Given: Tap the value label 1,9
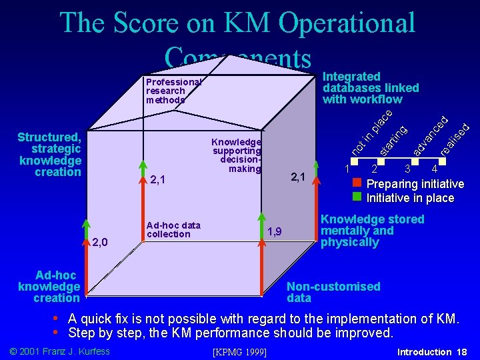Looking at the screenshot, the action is (x=274, y=231).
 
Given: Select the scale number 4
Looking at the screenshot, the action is (x=434, y=169).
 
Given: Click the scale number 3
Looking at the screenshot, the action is (x=407, y=169).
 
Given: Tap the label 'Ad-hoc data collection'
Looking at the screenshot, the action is (x=173, y=229).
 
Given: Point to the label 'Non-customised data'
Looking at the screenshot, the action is (x=333, y=292).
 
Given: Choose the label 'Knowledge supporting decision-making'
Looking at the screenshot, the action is (x=236, y=155).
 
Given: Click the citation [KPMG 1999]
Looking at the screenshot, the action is (x=239, y=352).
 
